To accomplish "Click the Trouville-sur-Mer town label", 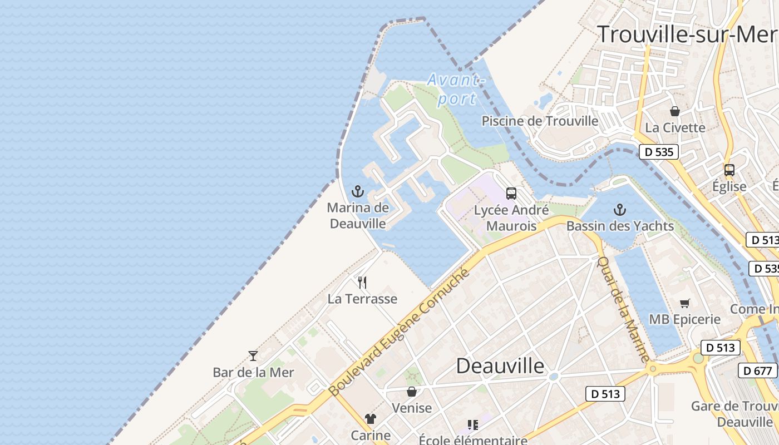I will [687, 34].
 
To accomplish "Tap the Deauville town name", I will [500, 366].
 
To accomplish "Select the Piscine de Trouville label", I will [540, 121].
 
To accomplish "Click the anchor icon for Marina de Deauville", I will [357, 192].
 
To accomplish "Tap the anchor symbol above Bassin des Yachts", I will [619, 210].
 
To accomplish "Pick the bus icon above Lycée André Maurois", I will [511, 194].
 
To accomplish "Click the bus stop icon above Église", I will [729, 170].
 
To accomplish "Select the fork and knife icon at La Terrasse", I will [362, 283].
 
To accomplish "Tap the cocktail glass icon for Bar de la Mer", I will [253, 356].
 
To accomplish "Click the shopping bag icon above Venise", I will [412, 392].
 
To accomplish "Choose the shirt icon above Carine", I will [371, 419].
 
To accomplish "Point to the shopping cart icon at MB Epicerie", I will [685, 303].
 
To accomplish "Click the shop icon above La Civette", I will [675, 111].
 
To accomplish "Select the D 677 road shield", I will [758, 370].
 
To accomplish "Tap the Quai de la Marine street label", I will [623, 309].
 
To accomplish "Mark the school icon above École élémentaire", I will [473, 426].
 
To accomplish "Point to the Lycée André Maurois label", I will [511, 218].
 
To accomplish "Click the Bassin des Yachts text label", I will [620, 226].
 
